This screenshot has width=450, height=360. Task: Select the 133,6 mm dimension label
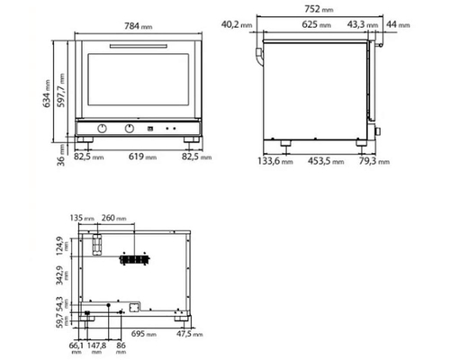[x=274, y=164]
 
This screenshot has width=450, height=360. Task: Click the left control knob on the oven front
[x=103, y=127]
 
